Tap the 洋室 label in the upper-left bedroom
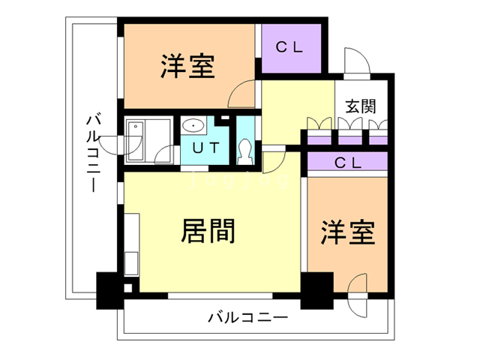click(x=187, y=67)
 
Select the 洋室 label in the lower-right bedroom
click(x=348, y=233)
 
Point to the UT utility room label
click(x=205, y=148)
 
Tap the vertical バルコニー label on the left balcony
click(x=94, y=151)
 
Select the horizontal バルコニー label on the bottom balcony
click(x=247, y=318)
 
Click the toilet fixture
click(x=244, y=151)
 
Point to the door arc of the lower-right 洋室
click(x=357, y=287)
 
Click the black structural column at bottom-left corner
click(x=109, y=292)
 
